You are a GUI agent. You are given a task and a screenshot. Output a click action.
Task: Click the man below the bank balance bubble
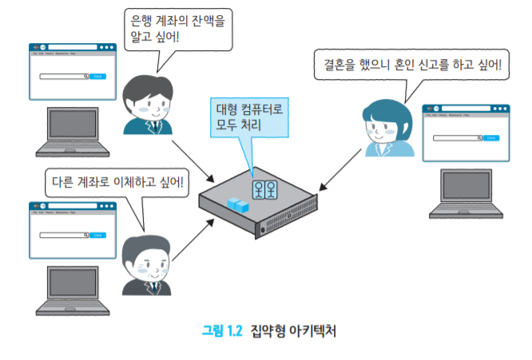149,104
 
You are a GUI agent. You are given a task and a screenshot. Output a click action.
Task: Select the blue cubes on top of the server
238,204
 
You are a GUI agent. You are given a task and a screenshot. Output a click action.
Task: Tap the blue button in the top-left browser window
97,76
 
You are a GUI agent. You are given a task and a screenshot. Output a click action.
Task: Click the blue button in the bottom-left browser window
97,235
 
